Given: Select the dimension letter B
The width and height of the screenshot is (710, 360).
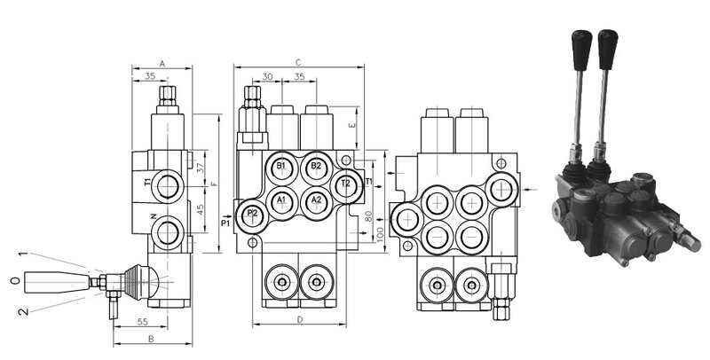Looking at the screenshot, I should (x=152, y=338).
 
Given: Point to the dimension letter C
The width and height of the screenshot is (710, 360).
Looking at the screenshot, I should (x=299, y=62).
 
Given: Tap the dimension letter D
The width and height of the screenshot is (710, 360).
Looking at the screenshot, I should (x=299, y=319).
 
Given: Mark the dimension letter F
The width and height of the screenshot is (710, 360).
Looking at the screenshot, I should (x=213, y=184).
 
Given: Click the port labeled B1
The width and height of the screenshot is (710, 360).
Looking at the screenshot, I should (x=281, y=167).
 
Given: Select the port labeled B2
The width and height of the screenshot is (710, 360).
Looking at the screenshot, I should (x=316, y=167).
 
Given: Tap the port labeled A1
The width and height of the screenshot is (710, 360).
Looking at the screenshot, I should (x=281, y=200).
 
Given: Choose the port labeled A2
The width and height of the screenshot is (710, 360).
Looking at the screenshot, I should (x=316, y=200).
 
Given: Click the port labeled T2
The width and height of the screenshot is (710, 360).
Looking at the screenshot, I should (x=347, y=184).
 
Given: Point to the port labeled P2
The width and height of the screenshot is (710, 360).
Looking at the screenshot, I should (x=252, y=214).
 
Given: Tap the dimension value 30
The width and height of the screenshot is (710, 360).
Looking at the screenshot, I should (x=268, y=78).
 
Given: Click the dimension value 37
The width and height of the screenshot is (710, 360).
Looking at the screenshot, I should (x=201, y=168).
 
